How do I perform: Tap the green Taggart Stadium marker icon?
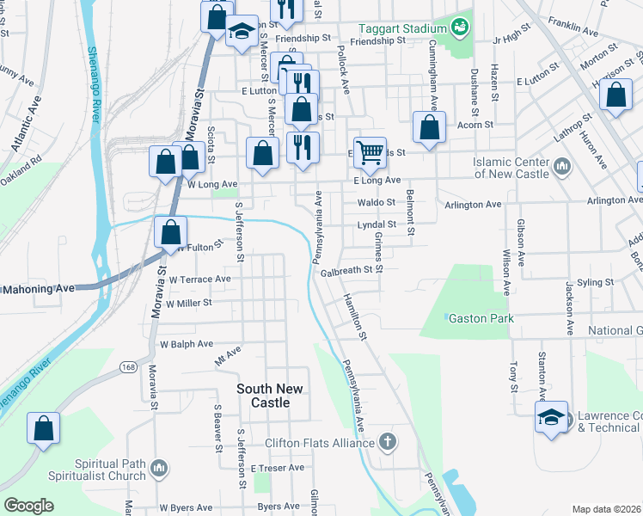click(461, 28)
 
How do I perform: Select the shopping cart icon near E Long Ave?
click(370, 152)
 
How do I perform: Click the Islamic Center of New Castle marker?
click(562, 164)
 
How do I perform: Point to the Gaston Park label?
click(481, 318)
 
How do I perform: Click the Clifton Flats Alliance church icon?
click(388, 443)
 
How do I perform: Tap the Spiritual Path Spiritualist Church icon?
click(157, 468)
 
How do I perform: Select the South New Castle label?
click(270, 396)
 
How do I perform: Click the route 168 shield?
click(128, 367)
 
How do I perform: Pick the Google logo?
click(28, 506)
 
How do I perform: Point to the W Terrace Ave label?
click(199, 279)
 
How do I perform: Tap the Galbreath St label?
click(351, 270)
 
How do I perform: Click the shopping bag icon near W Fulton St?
click(171, 231)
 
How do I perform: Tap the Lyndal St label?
click(376, 225)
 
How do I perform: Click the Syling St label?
click(596, 282)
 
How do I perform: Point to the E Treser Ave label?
click(278, 468)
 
